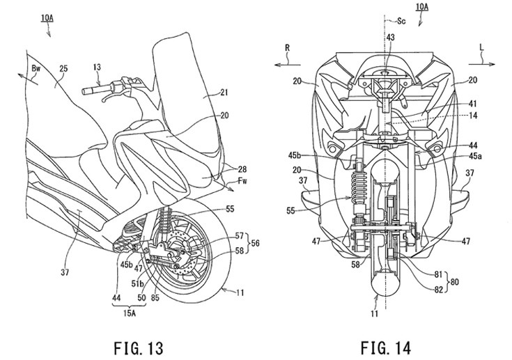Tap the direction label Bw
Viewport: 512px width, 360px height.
point(36,70)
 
